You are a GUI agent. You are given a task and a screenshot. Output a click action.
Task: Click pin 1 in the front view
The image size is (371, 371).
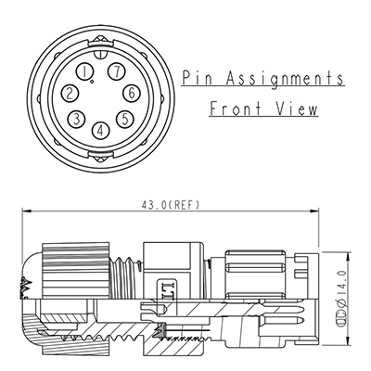pyautogui.click(x=86, y=71)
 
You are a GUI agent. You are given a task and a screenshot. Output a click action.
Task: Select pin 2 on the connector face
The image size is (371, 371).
pyautogui.click(x=70, y=93)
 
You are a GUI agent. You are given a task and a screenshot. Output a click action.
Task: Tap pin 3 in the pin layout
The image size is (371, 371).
pyautogui.click(x=77, y=119)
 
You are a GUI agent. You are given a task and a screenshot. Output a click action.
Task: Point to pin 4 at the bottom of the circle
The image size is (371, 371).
pyautogui.click(x=100, y=129)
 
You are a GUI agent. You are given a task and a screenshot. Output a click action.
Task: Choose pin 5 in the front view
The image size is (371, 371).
pyautogui.click(x=123, y=118)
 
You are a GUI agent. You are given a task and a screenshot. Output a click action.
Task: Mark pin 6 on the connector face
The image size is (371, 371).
pyautogui.click(x=132, y=92)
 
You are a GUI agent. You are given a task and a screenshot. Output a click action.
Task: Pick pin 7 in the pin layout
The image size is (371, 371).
pyautogui.click(x=115, y=71)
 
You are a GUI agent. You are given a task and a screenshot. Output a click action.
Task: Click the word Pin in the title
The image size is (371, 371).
pyautogui.click(x=198, y=78)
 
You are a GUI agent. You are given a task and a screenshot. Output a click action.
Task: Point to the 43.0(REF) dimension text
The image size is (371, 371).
pyautogui.click(x=172, y=204)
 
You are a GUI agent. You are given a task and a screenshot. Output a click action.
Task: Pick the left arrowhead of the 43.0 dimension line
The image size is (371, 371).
pyautogui.click(x=25, y=212)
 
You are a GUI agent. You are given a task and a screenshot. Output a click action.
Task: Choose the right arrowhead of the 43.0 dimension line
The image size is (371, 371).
pyautogui.click(x=314, y=212)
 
